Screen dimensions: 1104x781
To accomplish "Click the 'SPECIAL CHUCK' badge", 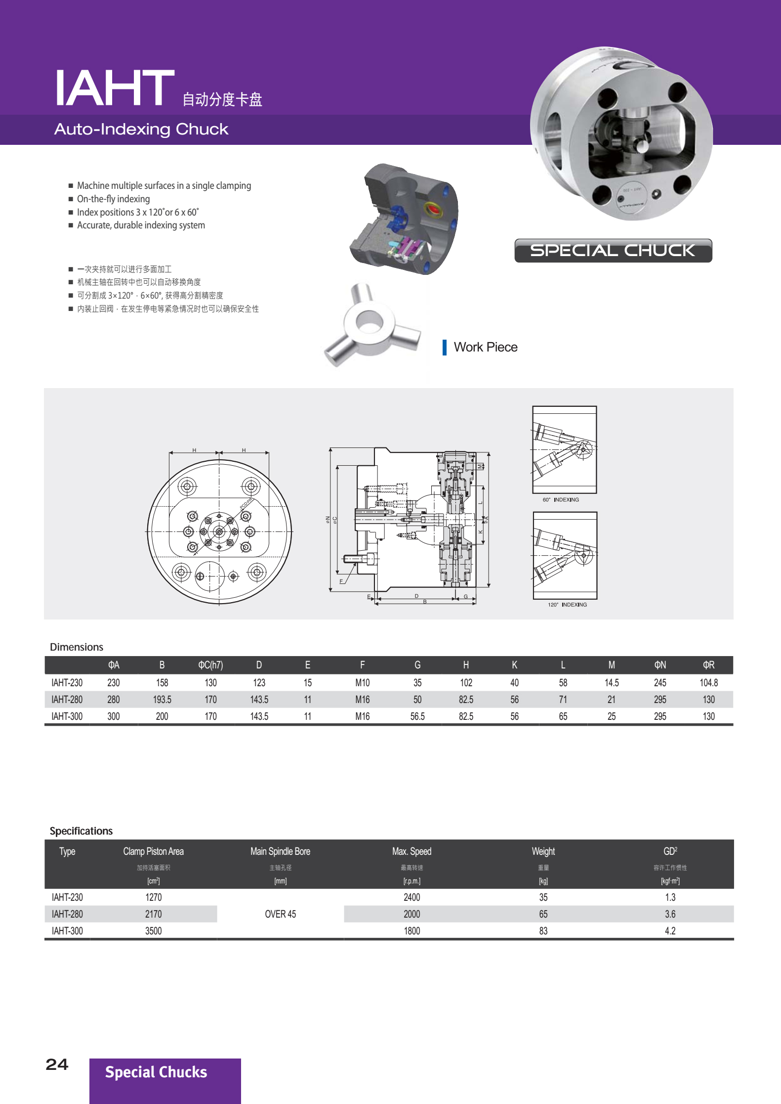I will [613, 251].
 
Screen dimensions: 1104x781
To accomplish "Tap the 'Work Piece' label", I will [485, 347].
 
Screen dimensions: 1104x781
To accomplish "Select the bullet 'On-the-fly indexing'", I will [113, 199].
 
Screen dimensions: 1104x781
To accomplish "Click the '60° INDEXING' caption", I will [561, 500].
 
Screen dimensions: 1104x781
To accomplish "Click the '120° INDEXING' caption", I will [567, 605].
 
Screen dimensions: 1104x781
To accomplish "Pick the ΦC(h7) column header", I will [210, 665].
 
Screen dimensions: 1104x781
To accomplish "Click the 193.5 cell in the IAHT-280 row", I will [162, 700].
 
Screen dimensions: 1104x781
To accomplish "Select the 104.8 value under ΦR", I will [708, 683].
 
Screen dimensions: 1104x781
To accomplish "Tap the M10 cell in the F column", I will [362, 683].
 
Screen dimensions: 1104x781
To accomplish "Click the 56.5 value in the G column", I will [417, 716].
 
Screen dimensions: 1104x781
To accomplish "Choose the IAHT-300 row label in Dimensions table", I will [67, 716].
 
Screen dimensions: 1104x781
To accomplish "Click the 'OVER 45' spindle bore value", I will [280, 914].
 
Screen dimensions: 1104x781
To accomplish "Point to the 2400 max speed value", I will [411, 897].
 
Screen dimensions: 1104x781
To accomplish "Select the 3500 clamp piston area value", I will [153, 931].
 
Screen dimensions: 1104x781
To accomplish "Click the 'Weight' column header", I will [543, 851].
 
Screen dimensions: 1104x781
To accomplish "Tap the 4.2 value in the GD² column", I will [670, 931].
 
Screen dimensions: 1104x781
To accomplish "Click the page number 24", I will [57, 1064].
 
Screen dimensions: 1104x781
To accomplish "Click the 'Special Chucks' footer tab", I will [156, 1072].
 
